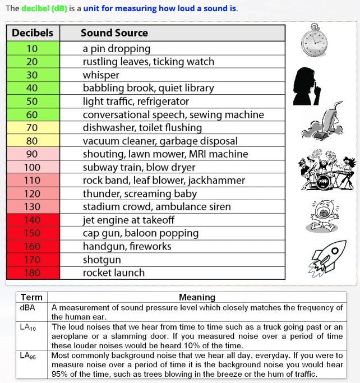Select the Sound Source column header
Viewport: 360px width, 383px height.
114,33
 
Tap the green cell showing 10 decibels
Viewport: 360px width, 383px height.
32,48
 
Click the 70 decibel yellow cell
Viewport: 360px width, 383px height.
32,128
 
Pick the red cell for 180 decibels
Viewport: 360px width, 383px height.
32,273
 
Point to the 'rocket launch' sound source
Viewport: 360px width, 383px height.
114,273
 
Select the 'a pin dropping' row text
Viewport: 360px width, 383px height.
117,48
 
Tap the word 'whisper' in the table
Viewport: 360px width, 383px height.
101,75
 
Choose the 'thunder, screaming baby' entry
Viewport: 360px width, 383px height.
140,193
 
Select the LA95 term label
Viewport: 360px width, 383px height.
28,356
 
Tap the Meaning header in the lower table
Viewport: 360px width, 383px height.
197,297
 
